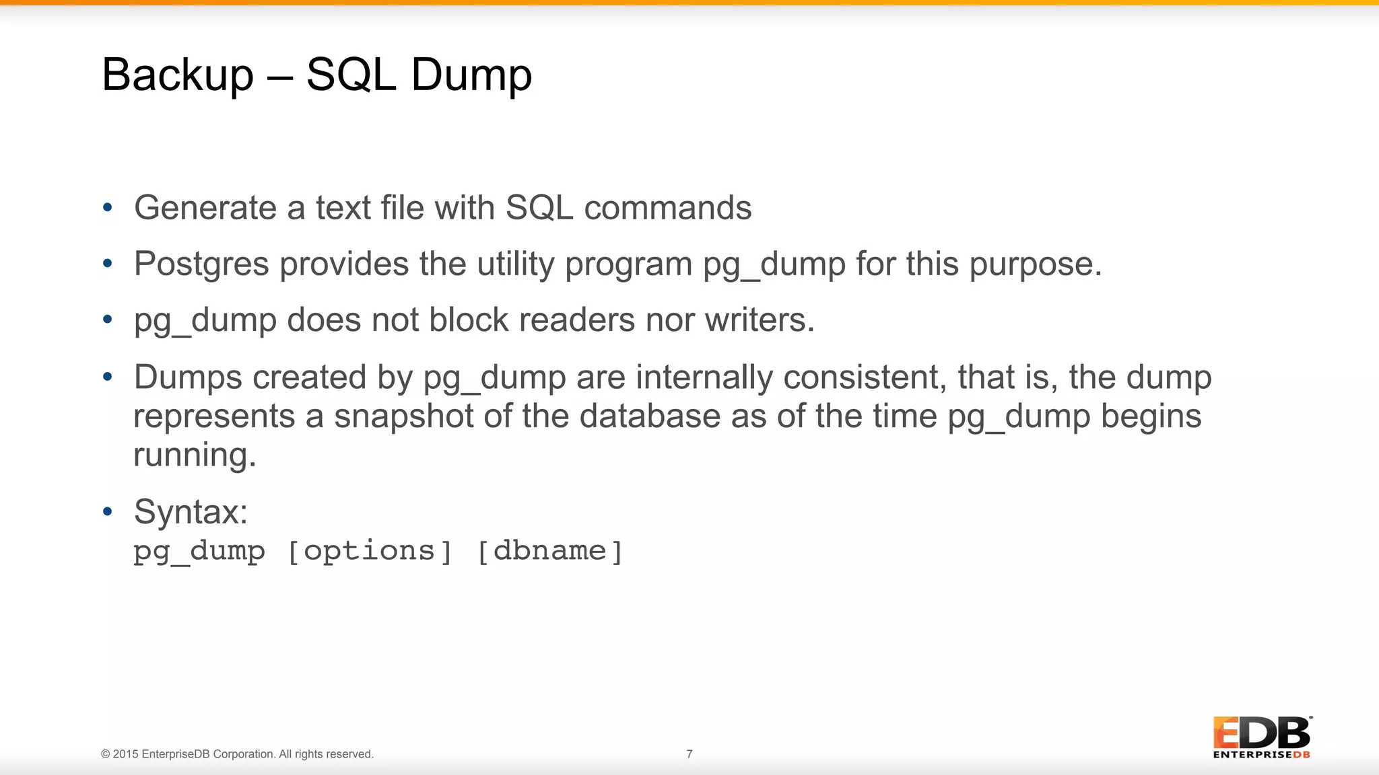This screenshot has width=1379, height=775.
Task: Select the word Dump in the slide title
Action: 471,75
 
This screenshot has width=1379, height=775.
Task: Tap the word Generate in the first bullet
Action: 205,208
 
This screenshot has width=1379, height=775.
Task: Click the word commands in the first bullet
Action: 667,208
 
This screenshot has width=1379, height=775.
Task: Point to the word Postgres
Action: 201,264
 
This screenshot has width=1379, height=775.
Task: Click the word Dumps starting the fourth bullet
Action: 188,377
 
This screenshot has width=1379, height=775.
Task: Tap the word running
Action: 194,455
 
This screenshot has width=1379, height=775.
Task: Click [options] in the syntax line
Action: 370,551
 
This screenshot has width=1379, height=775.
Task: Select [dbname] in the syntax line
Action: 549,551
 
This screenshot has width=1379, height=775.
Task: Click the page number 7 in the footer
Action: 689,754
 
